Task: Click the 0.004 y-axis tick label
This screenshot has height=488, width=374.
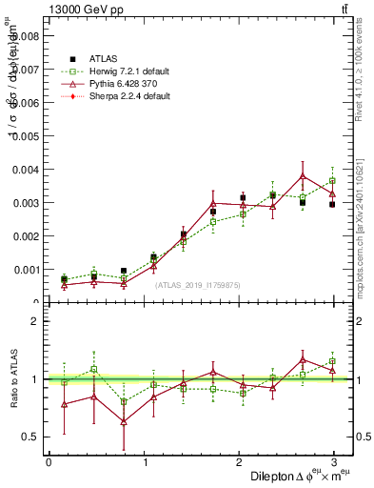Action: pos(26,170)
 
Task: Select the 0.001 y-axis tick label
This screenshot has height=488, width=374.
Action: pos(26,270)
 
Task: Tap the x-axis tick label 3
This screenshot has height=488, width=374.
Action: pos(336,462)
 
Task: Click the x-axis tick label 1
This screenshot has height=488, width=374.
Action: pos(145,462)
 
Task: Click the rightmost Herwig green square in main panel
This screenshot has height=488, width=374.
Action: pos(332,181)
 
